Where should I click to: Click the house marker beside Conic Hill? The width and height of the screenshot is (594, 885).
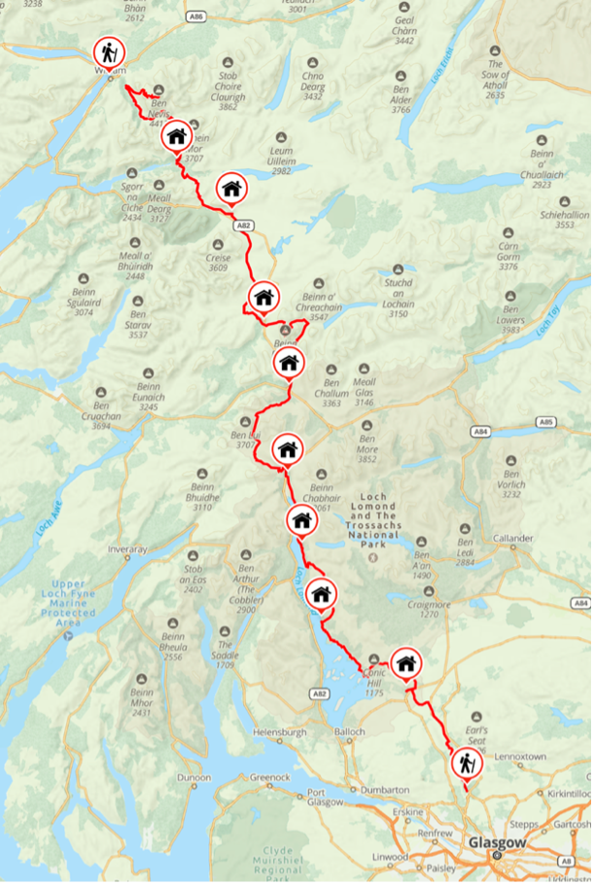tap(406, 663)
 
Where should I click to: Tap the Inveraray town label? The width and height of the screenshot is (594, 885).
tap(126, 549)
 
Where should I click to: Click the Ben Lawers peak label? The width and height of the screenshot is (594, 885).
tap(510, 324)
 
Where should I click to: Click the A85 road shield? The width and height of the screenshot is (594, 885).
tap(547, 422)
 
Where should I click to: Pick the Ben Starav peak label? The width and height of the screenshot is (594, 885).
tap(138, 329)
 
